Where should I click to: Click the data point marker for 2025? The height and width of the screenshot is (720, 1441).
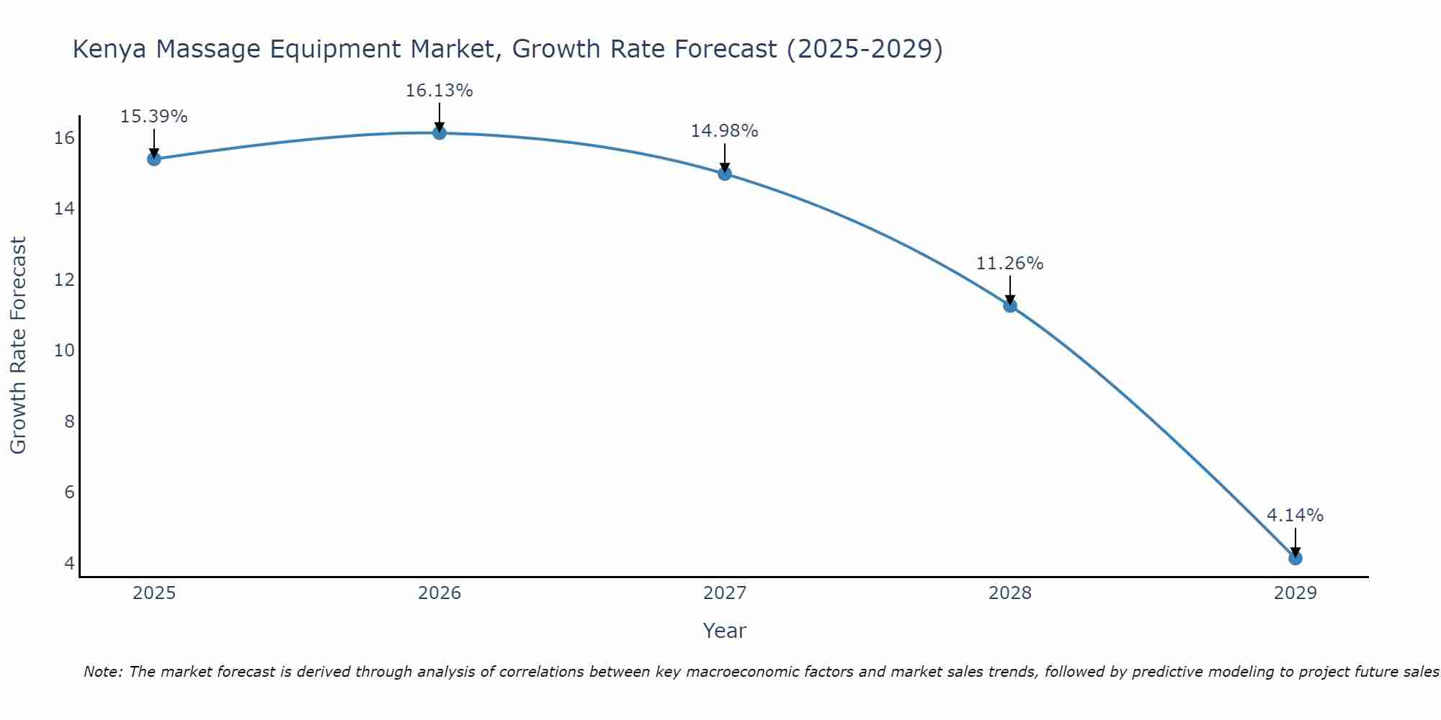tap(153, 158)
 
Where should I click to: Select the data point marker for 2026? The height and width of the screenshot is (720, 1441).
tap(439, 132)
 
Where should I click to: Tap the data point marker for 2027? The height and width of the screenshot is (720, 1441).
tap(724, 173)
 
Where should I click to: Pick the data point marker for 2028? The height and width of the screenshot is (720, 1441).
tap(1009, 305)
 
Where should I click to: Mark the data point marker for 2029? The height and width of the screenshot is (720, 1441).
tap(1295, 558)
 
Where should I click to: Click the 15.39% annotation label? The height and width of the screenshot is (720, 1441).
tap(153, 117)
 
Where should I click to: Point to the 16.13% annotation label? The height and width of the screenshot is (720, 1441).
tap(439, 91)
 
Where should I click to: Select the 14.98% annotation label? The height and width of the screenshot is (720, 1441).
tap(724, 131)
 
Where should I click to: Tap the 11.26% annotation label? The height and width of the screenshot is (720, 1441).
tap(1009, 264)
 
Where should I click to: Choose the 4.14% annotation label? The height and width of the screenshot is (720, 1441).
tap(1295, 516)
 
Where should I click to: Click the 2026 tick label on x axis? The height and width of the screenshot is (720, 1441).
tap(439, 593)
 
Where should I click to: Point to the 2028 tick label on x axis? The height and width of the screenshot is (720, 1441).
tap(1009, 593)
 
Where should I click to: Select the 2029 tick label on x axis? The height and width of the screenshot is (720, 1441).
tap(1295, 593)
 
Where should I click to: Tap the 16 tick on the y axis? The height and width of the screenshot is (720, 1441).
tap(64, 138)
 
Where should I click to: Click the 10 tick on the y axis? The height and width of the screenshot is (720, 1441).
tap(64, 351)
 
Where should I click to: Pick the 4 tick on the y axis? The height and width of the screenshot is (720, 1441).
tap(69, 563)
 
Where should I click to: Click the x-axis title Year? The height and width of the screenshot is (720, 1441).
tap(724, 631)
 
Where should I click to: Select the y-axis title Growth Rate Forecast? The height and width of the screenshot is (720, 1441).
tap(18, 346)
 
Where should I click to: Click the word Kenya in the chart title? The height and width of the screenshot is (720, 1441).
tap(110, 50)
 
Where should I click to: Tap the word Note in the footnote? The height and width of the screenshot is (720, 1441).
tap(102, 672)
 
